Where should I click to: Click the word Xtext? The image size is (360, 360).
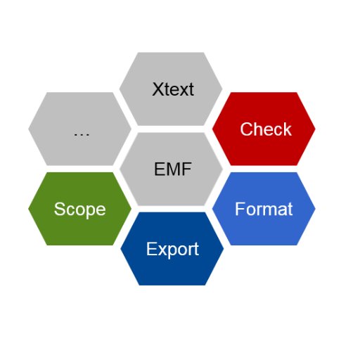pyautogui.click(x=173, y=89)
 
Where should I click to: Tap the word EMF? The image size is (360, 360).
pyautogui.click(x=173, y=169)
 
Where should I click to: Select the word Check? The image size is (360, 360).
pyautogui.click(x=266, y=129)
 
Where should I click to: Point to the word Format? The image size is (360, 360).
pyautogui.click(x=264, y=209)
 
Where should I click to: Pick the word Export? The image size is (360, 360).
pyautogui.click(x=173, y=250)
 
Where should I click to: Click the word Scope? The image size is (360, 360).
pyautogui.click(x=80, y=210)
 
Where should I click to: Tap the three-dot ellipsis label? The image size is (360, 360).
pyautogui.click(x=82, y=134)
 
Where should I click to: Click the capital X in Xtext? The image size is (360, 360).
pyautogui.click(x=159, y=89)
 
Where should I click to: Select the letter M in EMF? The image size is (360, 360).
pyautogui.click(x=173, y=169)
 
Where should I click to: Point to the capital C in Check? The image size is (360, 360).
pyautogui.click(x=246, y=129)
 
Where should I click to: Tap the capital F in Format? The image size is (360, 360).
pyautogui.click(x=240, y=209)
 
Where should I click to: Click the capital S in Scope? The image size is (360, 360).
pyautogui.click(x=60, y=209)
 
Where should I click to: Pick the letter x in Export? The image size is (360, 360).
pyautogui.click(x=162, y=251)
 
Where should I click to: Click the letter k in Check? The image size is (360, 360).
pyautogui.click(x=288, y=129)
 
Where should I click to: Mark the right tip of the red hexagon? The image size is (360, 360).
pyautogui.click(x=315, y=129)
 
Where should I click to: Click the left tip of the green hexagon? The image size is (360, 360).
pyautogui.click(x=28, y=209)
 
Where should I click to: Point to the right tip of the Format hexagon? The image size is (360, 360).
pyautogui.click(x=315, y=209)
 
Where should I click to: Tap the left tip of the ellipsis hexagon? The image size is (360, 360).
pyautogui.click(x=28, y=129)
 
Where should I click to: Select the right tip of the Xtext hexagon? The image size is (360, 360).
pyautogui.click(x=222, y=89)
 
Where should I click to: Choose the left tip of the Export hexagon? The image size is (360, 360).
pyautogui.click(x=120, y=249)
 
